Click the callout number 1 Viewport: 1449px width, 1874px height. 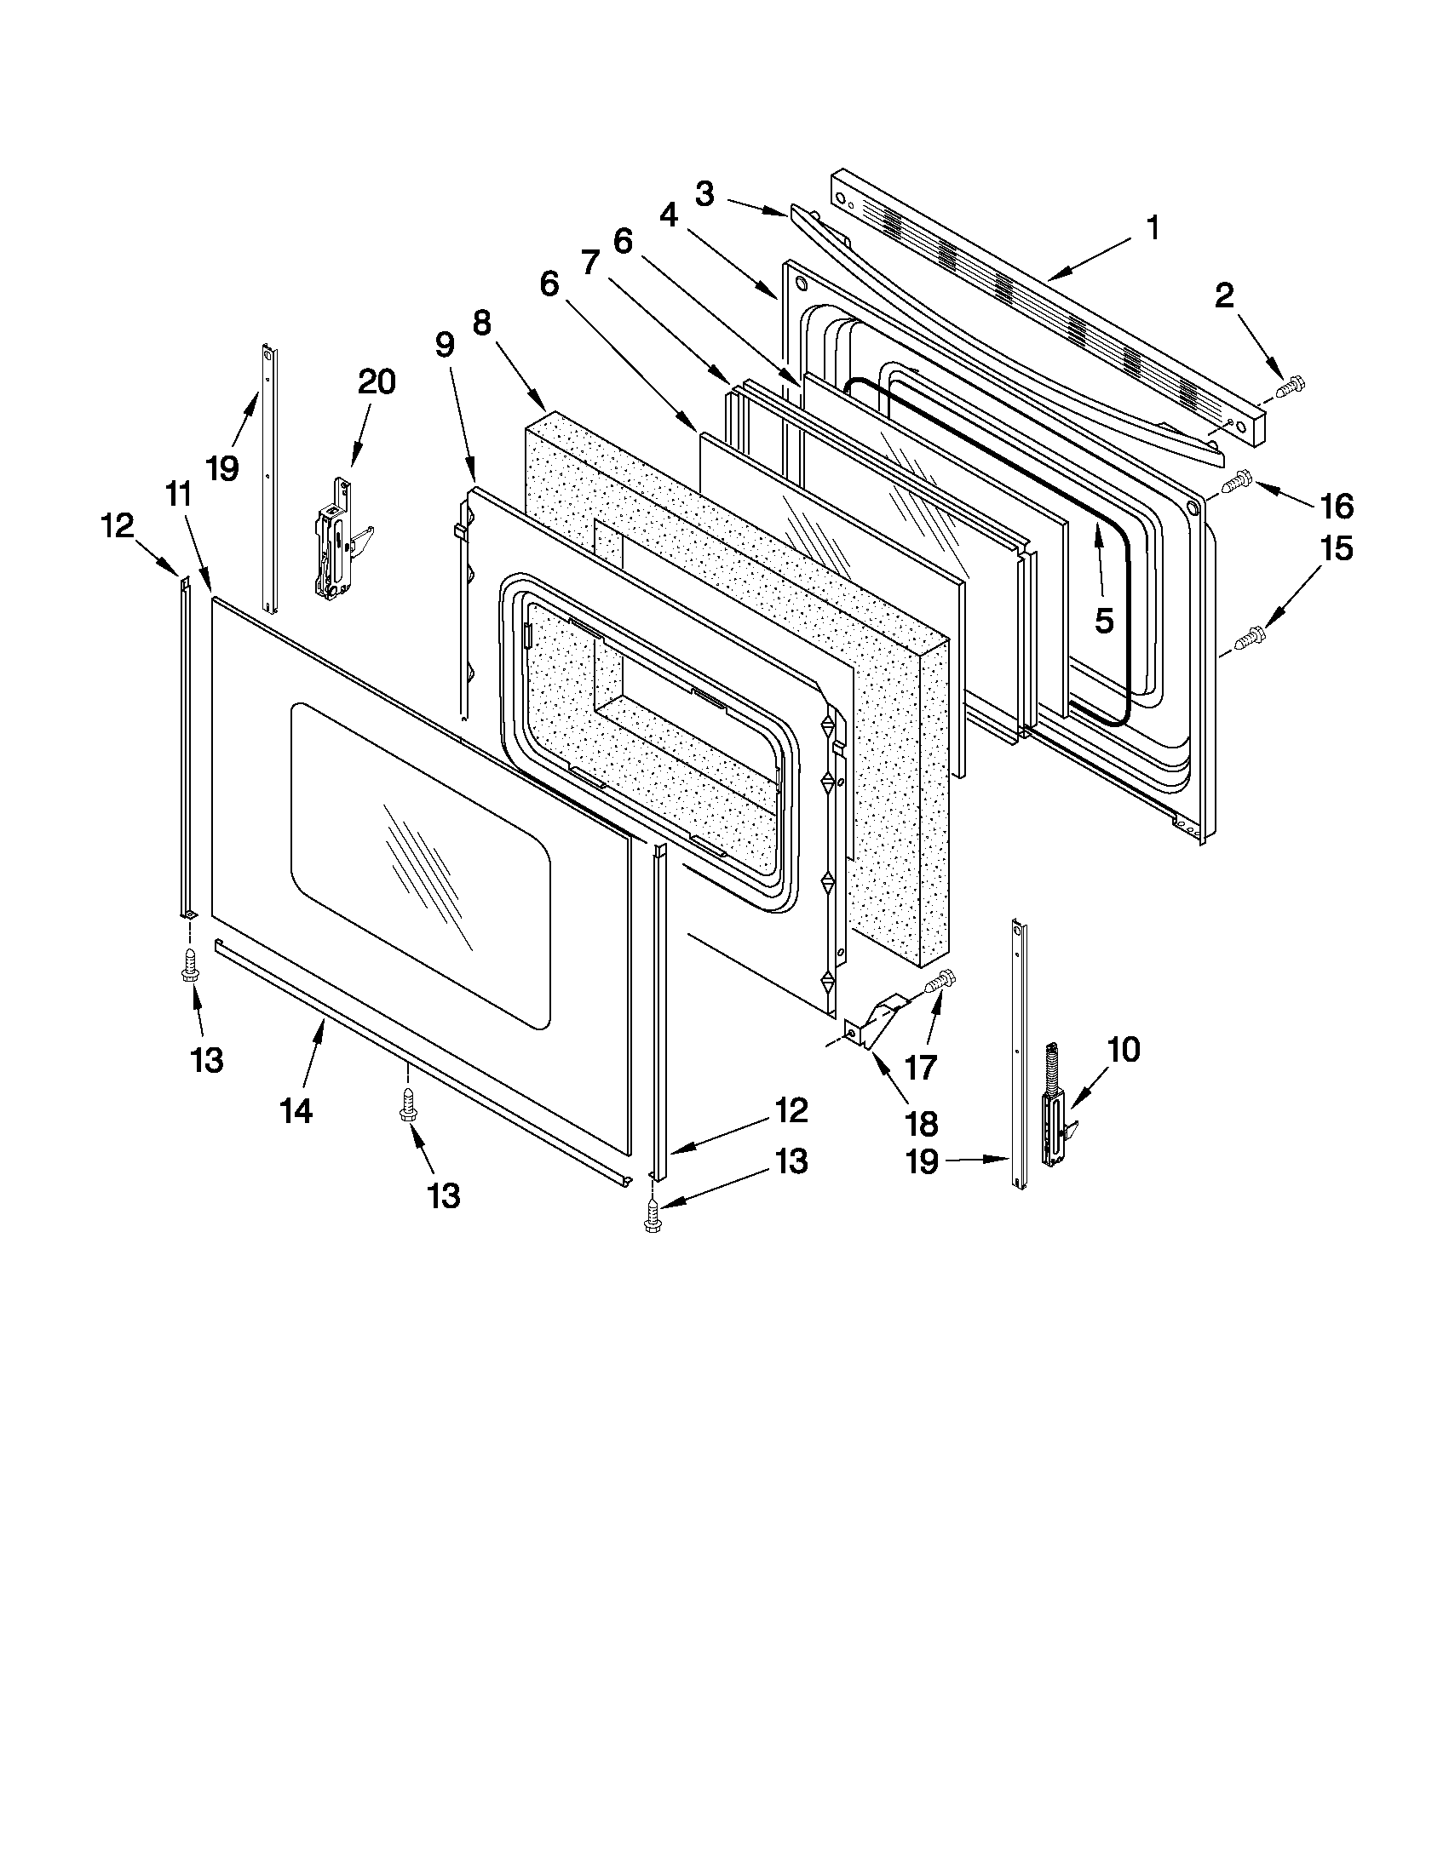coord(1153,228)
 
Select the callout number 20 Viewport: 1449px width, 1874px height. coord(376,381)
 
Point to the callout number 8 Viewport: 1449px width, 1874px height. coord(481,324)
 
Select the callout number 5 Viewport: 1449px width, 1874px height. coord(1103,621)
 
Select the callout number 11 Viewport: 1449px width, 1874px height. coord(178,495)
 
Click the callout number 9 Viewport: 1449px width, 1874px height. coord(444,345)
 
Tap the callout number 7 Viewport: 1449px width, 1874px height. coord(589,261)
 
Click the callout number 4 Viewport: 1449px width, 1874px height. coord(669,216)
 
